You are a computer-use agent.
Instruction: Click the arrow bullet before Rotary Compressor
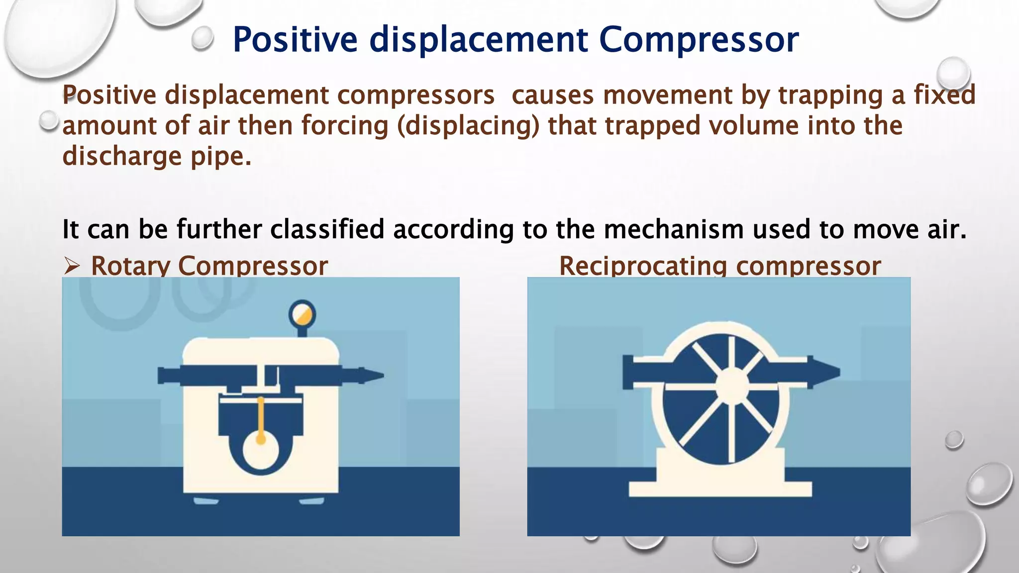72,267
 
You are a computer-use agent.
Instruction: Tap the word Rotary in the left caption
130,266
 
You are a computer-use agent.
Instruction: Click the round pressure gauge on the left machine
302,314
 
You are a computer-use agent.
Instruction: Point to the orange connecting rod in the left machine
260,418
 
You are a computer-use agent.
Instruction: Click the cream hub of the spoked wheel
732,386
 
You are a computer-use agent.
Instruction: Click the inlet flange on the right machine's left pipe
628,373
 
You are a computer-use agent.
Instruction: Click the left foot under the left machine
205,500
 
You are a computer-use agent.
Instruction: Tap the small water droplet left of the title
202,39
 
